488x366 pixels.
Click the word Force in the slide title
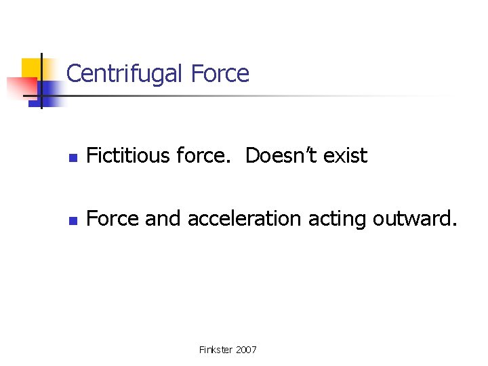220,73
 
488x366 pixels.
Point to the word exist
345,156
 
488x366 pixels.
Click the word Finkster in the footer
214,350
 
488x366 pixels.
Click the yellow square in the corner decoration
31,68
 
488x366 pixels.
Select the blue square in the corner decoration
49,91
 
